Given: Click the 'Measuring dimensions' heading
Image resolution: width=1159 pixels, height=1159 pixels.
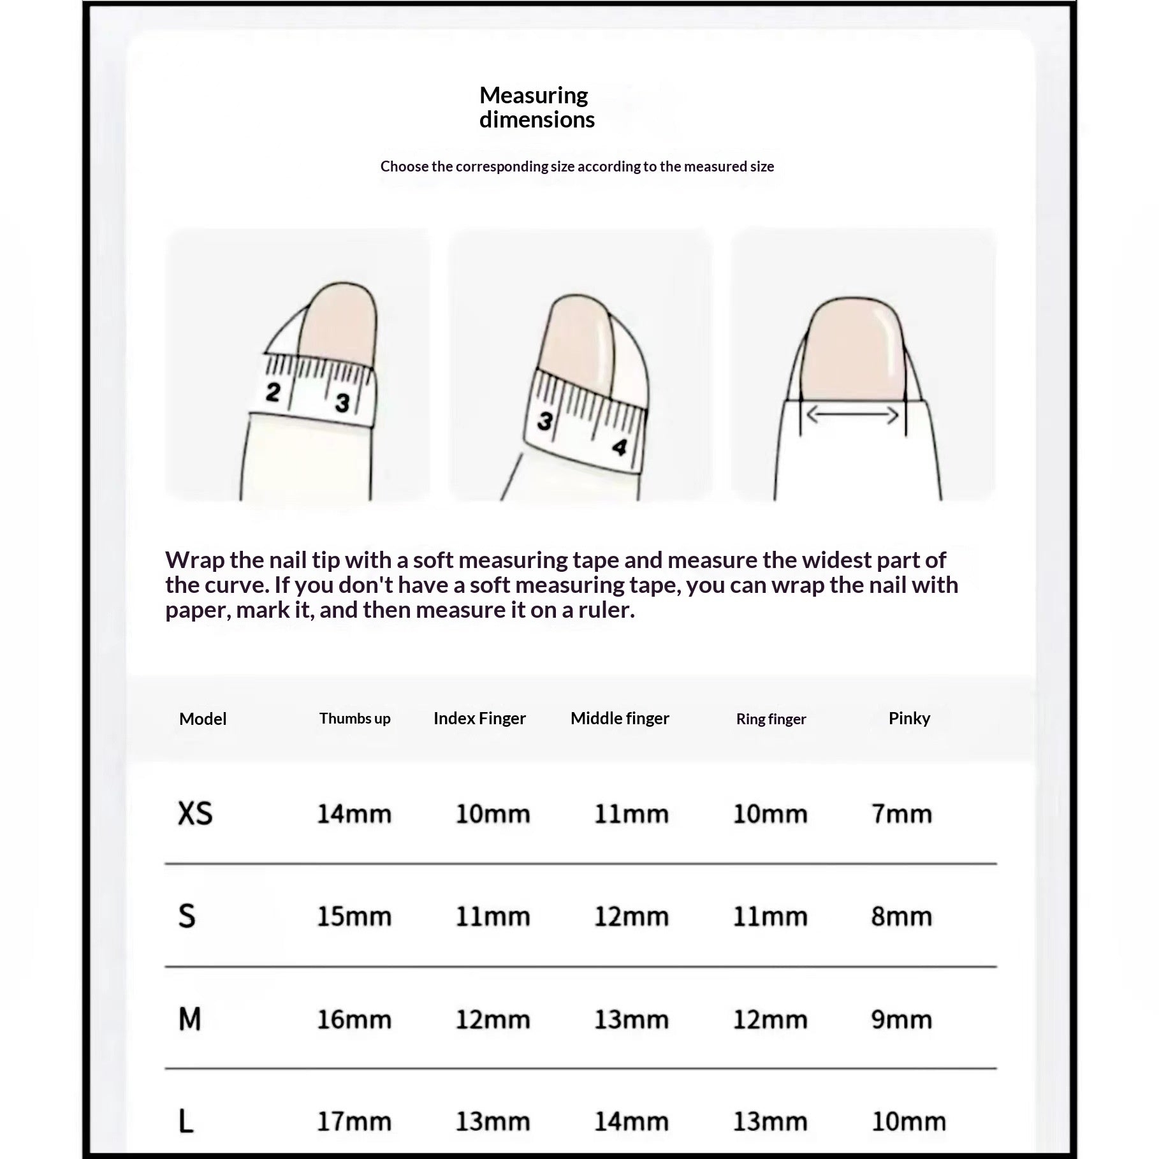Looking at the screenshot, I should click(x=536, y=107).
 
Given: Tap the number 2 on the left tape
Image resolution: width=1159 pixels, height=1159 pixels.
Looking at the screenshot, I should click(x=273, y=391).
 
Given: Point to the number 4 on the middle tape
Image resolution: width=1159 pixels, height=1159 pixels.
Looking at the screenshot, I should click(x=619, y=447).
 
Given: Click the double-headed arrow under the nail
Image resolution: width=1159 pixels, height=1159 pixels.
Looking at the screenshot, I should click(x=852, y=416).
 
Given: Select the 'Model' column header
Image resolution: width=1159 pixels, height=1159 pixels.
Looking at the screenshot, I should click(x=203, y=719).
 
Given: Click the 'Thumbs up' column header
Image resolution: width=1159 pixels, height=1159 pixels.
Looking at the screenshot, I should click(x=354, y=718).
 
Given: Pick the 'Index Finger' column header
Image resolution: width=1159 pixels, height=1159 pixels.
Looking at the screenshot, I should click(x=479, y=718).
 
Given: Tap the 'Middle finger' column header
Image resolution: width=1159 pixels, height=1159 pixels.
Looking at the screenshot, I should click(x=620, y=718).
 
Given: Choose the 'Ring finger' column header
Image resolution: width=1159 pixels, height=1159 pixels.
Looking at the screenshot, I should click(x=771, y=719).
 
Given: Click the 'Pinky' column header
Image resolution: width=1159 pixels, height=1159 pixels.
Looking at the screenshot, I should click(x=909, y=718).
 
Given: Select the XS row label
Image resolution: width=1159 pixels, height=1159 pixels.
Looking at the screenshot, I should click(x=195, y=813).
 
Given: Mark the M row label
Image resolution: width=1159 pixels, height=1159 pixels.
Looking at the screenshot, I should click(x=190, y=1019).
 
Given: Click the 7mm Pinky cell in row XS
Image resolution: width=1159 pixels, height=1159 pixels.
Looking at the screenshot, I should click(x=901, y=814).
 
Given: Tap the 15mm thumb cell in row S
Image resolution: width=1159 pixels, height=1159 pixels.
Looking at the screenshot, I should click(x=354, y=917).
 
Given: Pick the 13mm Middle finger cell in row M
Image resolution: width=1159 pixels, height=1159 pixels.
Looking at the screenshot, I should click(x=631, y=1019).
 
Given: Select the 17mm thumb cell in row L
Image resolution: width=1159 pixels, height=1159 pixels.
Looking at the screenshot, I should click(x=354, y=1121).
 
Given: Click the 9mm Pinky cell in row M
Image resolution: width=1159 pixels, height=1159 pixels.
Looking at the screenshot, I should click(x=901, y=1019).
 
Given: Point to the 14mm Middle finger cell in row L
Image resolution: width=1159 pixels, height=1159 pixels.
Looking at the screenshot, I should click(x=631, y=1121).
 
